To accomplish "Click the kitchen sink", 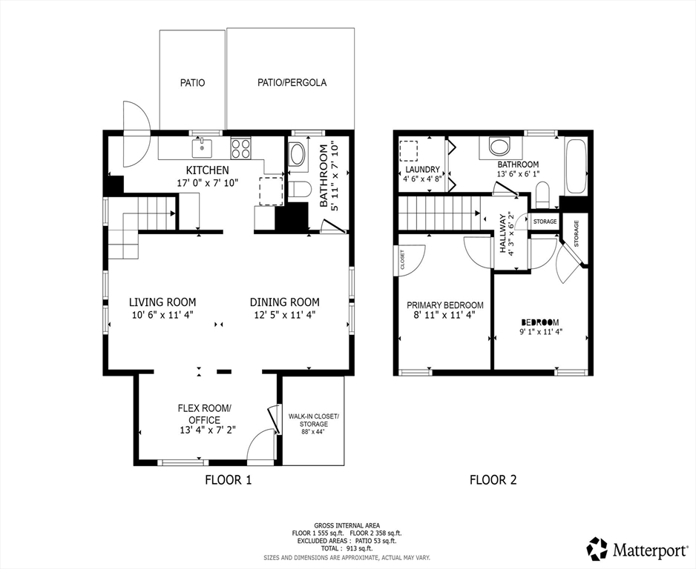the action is pos(202,147).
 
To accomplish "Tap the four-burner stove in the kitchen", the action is pos(241,148).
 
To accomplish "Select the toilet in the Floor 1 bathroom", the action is pos(298,190).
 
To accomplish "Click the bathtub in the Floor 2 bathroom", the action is pos(576,166).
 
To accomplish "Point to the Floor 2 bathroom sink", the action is pos(500,146).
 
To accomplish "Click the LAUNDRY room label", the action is pos(423,169).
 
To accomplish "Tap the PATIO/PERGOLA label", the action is pos(292,82).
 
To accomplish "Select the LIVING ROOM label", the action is pos(162,302).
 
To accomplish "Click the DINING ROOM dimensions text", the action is pos(284,315).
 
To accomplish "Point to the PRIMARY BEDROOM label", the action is pos(445,305).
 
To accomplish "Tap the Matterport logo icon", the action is pos(597,548).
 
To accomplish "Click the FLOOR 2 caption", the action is pos(493,479).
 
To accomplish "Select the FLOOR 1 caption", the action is pos(228,479).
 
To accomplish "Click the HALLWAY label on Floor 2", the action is pos(503,233).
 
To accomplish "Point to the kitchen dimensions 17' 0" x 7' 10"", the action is pos(207,182).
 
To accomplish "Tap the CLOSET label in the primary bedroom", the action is pos(402,260).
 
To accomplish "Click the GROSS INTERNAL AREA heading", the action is pos(347,525).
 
